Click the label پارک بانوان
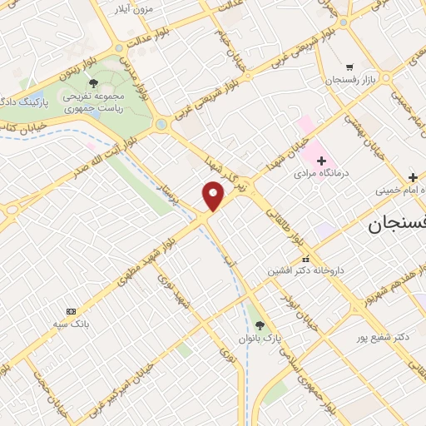[x=260, y=339]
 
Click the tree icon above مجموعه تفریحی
[x=93, y=83]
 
